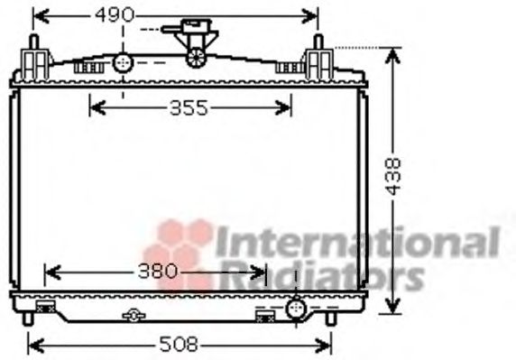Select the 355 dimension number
(189, 109)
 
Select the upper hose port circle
(123, 62)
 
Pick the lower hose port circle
(294, 310)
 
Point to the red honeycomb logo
(179, 253)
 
